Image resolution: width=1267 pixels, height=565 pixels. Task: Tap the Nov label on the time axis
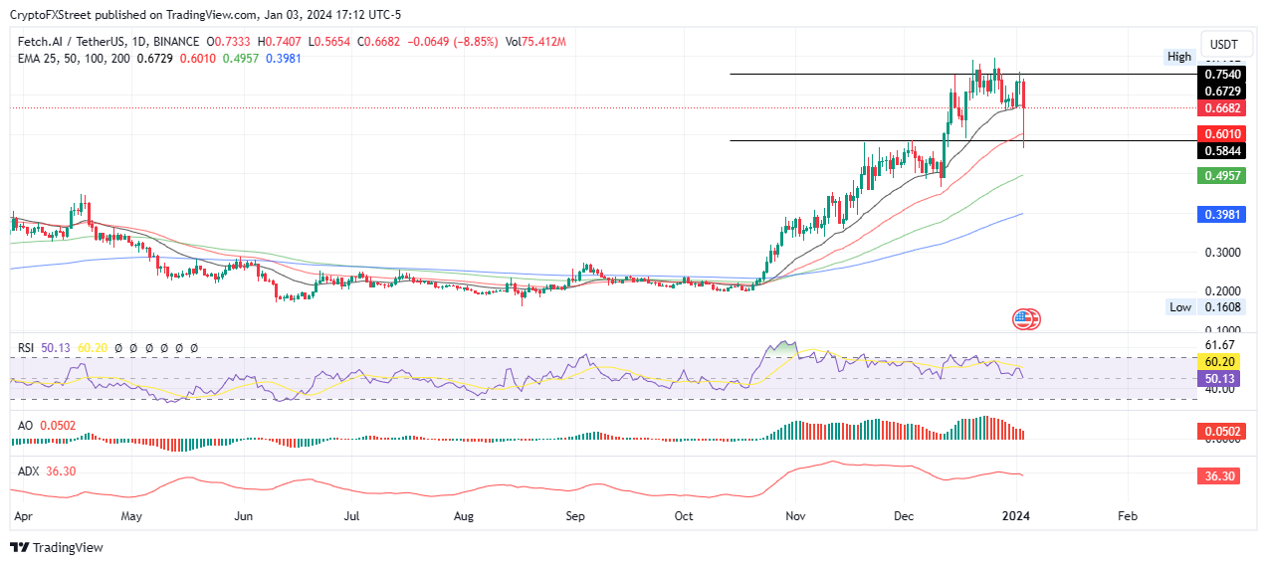[x=793, y=517]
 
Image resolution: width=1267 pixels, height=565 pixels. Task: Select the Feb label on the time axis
[x=1127, y=517]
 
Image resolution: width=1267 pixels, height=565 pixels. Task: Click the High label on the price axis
[x=1179, y=57]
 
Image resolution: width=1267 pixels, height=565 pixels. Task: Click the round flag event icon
[x=1025, y=319]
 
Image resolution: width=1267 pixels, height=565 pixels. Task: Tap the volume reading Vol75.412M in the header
[x=535, y=41]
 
